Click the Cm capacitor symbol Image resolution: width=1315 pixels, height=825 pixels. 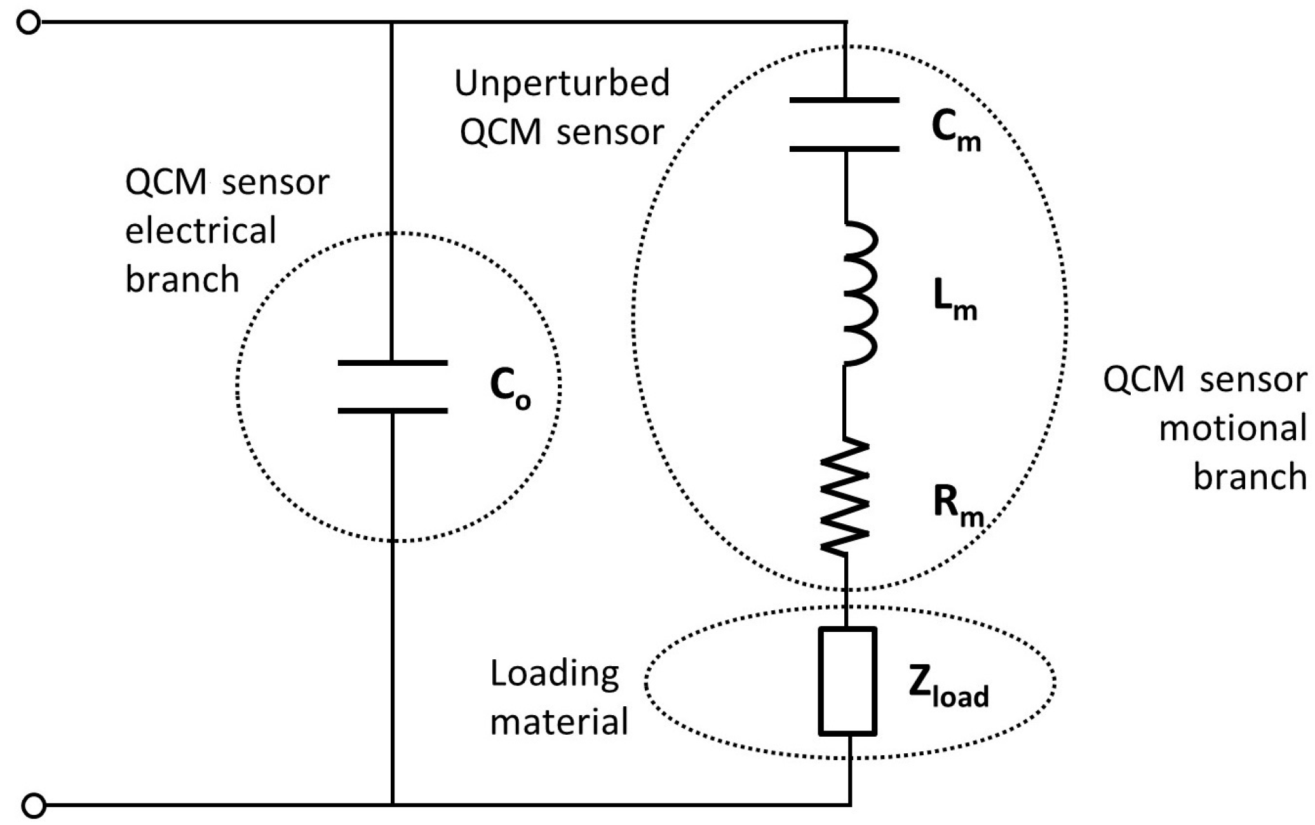tap(844, 124)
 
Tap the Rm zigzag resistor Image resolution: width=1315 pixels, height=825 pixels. tap(845, 495)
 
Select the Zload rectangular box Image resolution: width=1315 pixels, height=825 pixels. tap(847, 681)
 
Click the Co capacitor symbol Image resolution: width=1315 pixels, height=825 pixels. tap(393, 387)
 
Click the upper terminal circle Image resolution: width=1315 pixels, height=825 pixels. tap(29, 23)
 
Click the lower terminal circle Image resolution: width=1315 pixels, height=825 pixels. tap(34, 805)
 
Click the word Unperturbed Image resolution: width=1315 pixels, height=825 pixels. tap(562, 83)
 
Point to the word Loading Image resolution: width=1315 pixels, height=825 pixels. tap(554, 674)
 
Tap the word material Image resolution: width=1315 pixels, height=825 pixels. tap(559, 722)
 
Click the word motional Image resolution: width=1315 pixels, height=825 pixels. tap(1232, 429)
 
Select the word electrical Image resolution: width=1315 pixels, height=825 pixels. tap(201, 231)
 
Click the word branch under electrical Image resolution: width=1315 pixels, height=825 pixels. tap(182, 280)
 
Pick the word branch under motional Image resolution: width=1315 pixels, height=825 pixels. tap(1250, 477)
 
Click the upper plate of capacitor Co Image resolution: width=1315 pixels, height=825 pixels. tap(393, 363)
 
